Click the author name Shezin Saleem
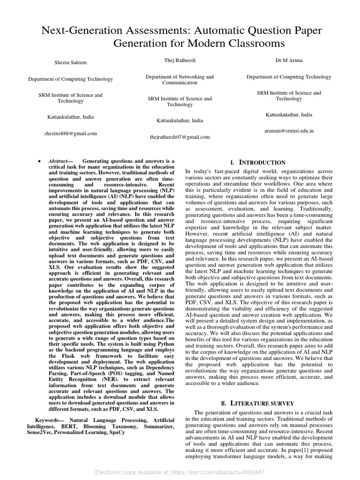tap(70, 62)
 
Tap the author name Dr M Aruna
tap(289, 60)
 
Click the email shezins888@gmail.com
tap(70, 134)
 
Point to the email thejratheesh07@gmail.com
tap(180, 137)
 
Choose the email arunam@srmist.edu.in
tap(289, 132)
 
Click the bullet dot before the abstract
tap(37, 161)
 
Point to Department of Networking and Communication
tap(180, 79)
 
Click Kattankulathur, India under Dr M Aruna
tap(289, 114)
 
